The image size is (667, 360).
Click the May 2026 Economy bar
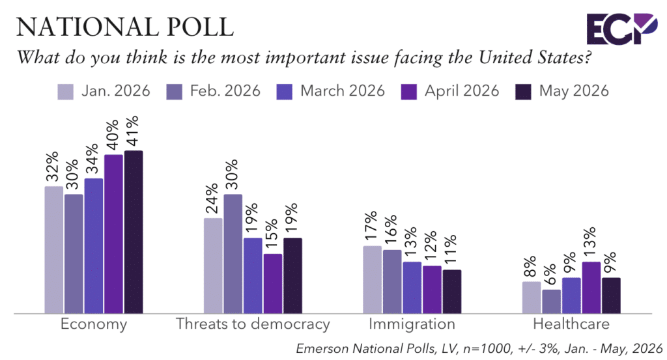(134, 232)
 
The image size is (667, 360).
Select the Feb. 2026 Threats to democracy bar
(233, 254)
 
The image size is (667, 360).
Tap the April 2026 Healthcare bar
(591, 288)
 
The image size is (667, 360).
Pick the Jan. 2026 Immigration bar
(372, 280)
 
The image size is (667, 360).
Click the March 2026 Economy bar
(94, 246)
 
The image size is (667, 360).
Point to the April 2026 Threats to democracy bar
(273, 283)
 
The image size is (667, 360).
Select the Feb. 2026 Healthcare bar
(551, 302)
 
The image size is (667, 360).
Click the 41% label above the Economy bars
(132, 131)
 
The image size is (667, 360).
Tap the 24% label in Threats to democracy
(212, 199)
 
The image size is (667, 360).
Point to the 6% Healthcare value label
(550, 275)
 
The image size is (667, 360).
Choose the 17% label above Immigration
(371, 226)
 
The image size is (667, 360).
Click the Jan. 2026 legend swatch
(66, 92)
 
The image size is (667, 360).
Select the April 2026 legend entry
(449, 91)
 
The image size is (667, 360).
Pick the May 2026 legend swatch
(523, 92)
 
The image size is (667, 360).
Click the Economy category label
(94, 324)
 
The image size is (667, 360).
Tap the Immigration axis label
(412, 324)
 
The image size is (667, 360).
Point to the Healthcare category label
(571, 324)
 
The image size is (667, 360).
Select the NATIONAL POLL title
(125, 27)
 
